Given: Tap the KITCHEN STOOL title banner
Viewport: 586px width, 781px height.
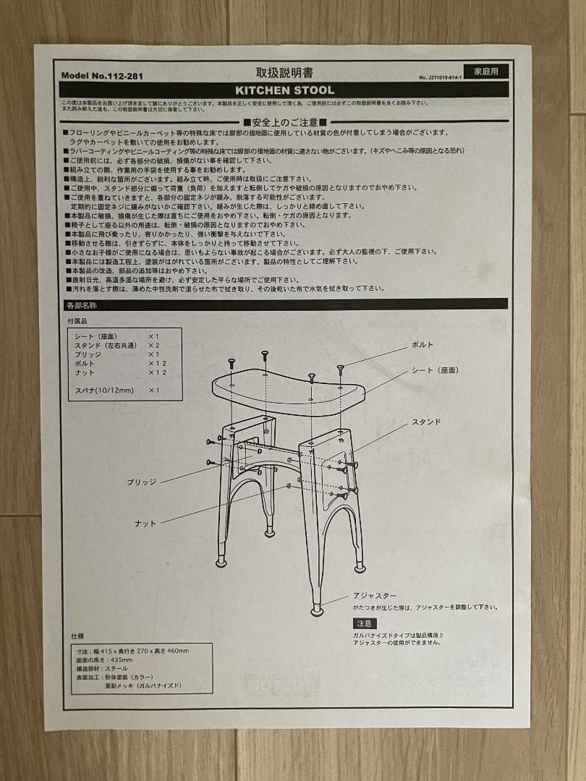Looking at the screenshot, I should pos(284,90).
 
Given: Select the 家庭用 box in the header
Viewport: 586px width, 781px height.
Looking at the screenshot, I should pos(486,71).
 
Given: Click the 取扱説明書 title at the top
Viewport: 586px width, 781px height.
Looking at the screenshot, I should pos(284,72).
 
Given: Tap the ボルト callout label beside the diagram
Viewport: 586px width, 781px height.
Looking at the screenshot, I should pos(422,345).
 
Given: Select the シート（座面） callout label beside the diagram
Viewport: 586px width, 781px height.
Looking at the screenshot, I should pos(435,370).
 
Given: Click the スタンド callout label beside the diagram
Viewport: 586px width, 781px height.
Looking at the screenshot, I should pos(426,422).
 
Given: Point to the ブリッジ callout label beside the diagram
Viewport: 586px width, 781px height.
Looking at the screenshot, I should pos(141,482).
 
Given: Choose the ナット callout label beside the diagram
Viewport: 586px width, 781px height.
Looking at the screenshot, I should pos(145,523).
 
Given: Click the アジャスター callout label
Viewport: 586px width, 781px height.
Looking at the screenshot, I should pos(375,595).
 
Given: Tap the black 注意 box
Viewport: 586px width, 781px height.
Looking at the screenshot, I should pos(364,623).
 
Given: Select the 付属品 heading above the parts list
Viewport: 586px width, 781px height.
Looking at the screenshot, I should pos(77,320).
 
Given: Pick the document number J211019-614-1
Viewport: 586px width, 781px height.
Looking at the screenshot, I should pos(440,77).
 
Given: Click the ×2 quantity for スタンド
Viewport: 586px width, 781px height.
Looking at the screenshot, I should pos(153,346).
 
